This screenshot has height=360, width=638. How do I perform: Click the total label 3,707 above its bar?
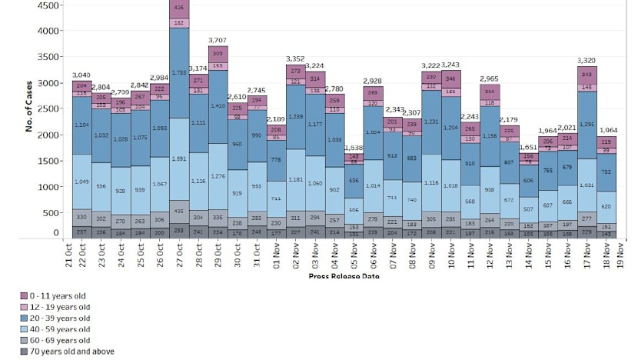point(218,39)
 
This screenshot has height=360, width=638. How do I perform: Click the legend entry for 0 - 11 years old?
point(58,296)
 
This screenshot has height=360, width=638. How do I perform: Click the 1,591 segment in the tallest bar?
point(179,159)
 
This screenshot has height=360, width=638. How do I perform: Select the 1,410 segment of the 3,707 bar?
point(218,106)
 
